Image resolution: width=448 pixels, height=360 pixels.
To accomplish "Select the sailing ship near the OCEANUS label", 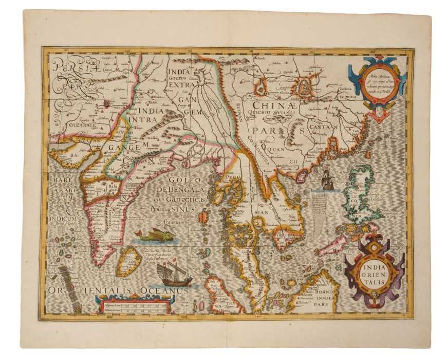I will click(174, 274).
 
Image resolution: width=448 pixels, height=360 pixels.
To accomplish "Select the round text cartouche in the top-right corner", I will click(381, 80).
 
